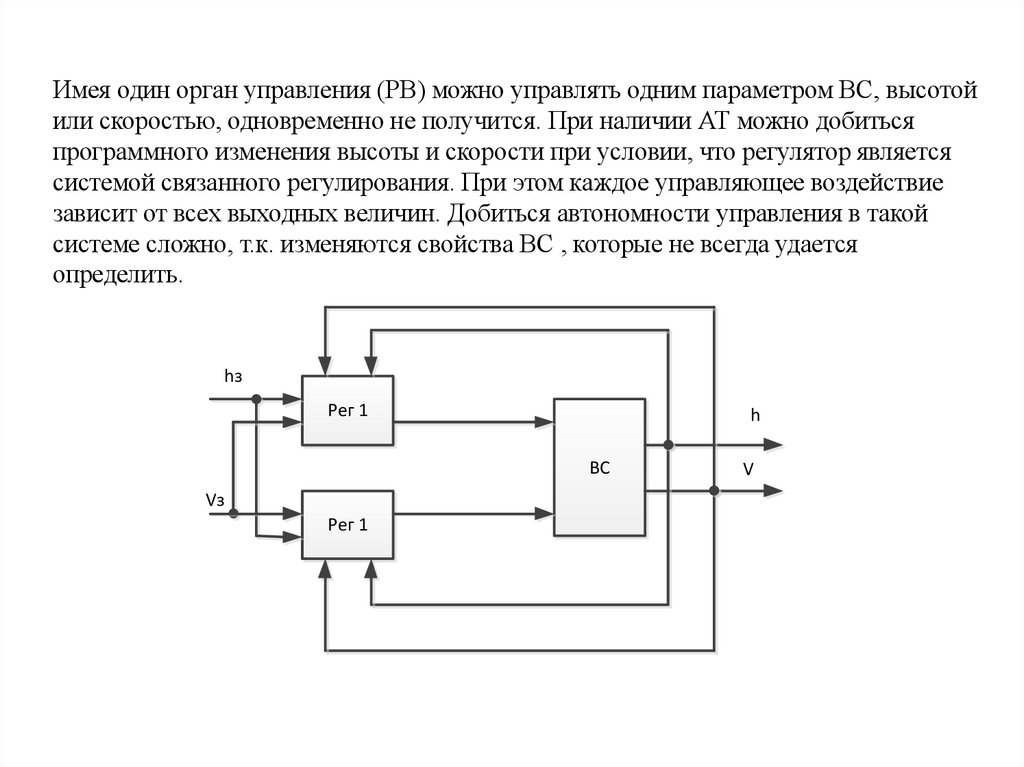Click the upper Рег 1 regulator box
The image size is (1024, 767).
click(348, 410)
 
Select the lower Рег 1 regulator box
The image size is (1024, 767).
click(348, 523)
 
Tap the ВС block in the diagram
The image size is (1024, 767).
click(599, 468)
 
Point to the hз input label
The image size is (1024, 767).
click(233, 376)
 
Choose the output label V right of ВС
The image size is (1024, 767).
click(747, 468)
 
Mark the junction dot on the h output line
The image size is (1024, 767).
click(668, 445)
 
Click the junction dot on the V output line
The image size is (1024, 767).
click(713, 490)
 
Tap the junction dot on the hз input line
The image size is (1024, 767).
click(257, 399)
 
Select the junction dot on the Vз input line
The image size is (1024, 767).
click(233, 514)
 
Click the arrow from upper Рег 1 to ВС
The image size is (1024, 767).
click(474, 422)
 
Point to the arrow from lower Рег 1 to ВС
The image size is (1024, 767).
click(474, 514)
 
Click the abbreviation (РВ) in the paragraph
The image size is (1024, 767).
click(402, 92)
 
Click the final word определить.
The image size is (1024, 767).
click(118, 276)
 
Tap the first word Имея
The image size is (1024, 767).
click(83, 92)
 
